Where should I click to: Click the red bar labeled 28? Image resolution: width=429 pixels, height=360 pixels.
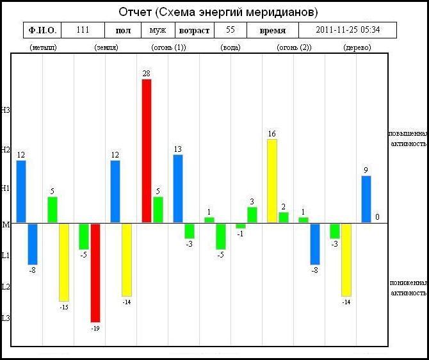pyautogui.click(x=147, y=151)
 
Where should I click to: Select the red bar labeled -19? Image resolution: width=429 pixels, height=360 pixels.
pyautogui.click(x=95, y=273)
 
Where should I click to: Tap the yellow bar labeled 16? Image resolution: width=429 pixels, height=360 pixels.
pyautogui.click(x=272, y=181)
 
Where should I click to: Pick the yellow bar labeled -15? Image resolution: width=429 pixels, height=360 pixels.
pyautogui.click(x=64, y=263)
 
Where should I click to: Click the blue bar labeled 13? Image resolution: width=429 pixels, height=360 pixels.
pyautogui.click(x=178, y=188)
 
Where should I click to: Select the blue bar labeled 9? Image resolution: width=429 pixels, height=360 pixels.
pyautogui.click(x=366, y=199)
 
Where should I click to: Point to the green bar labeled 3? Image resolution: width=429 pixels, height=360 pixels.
pyautogui.click(x=252, y=215)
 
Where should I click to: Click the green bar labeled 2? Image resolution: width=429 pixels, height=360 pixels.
pyautogui.click(x=284, y=217)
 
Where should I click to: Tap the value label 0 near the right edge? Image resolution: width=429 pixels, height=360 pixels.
pyautogui.click(x=377, y=217)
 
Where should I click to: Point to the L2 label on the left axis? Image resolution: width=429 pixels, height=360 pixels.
pyautogui.click(x=6, y=287)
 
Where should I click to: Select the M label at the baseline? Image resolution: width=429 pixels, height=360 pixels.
pyautogui.click(x=6, y=225)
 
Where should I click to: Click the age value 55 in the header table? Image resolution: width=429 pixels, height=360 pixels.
pyautogui.click(x=231, y=29)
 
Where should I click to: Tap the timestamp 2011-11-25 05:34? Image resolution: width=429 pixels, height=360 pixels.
pyautogui.click(x=348, y=30)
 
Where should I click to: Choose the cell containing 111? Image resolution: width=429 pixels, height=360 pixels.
pyautogui.click(x=83, y=30)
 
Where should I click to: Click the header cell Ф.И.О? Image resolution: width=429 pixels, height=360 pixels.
pyautogui.click(x=42, y=30)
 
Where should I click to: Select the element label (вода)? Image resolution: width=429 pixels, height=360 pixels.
pyautogui.click(x=231, y=47)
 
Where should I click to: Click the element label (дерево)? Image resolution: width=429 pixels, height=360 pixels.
pyautogui.click(x=357, y=47)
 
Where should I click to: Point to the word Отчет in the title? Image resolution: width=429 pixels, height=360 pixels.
pyautogui.click(x=135, y=12)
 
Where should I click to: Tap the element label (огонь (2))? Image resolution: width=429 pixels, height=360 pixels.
pyautogui.click(x=294, y=47)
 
